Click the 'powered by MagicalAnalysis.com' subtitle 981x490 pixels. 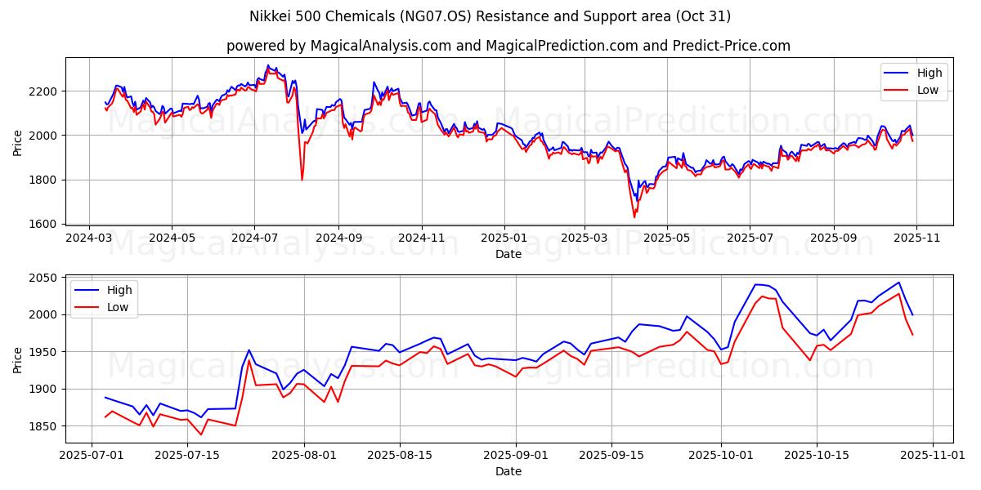508,46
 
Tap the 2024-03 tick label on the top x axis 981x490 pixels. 89,238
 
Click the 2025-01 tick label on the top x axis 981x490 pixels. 504,238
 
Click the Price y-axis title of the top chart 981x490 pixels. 18,141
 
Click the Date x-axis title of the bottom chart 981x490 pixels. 508,471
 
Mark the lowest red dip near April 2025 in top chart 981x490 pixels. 634,216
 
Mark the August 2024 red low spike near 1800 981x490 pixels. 302,179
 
